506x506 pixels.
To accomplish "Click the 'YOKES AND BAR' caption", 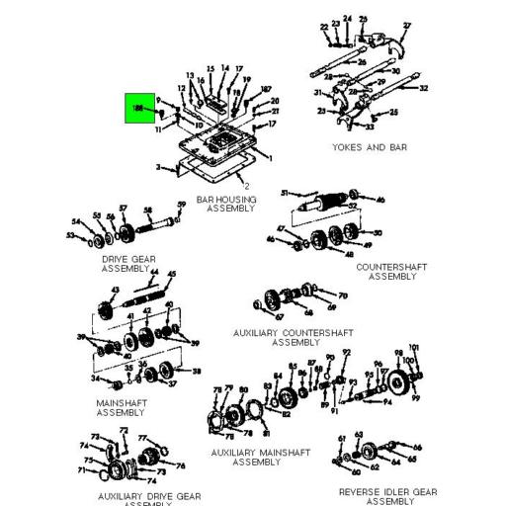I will point(371,147).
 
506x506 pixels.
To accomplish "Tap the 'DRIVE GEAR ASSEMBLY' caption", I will point(129,263).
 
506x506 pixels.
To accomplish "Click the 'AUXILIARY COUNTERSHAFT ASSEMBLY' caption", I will point(295,337).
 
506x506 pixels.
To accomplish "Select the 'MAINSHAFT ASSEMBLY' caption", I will point(122,407).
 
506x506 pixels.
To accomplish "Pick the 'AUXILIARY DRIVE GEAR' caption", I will point(149,496).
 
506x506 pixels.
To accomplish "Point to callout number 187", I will point(265,89).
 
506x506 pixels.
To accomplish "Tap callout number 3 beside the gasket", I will point(158,169).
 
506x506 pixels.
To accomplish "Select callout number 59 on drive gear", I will point(182,205).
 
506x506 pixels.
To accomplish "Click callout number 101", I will point(415,348).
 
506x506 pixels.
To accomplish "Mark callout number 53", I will point(71,235).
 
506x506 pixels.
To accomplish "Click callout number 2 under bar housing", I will point(245,185).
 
